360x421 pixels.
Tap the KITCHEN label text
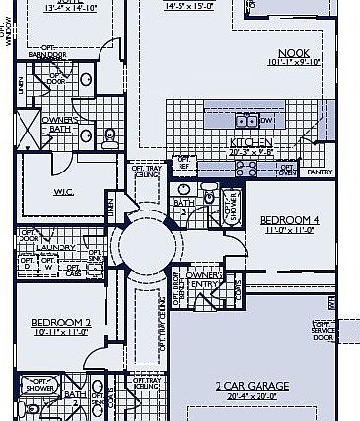point(249,142)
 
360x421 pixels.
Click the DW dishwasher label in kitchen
point(266,121)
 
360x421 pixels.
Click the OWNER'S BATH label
point(40,124)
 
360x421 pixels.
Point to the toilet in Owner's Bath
point(109,135)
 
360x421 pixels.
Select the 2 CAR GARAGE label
point(251,385)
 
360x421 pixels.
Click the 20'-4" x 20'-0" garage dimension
point(251,396)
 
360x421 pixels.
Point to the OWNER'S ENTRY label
point(205,280)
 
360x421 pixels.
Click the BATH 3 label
point(182,206)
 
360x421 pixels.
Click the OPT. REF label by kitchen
point(182,163)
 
